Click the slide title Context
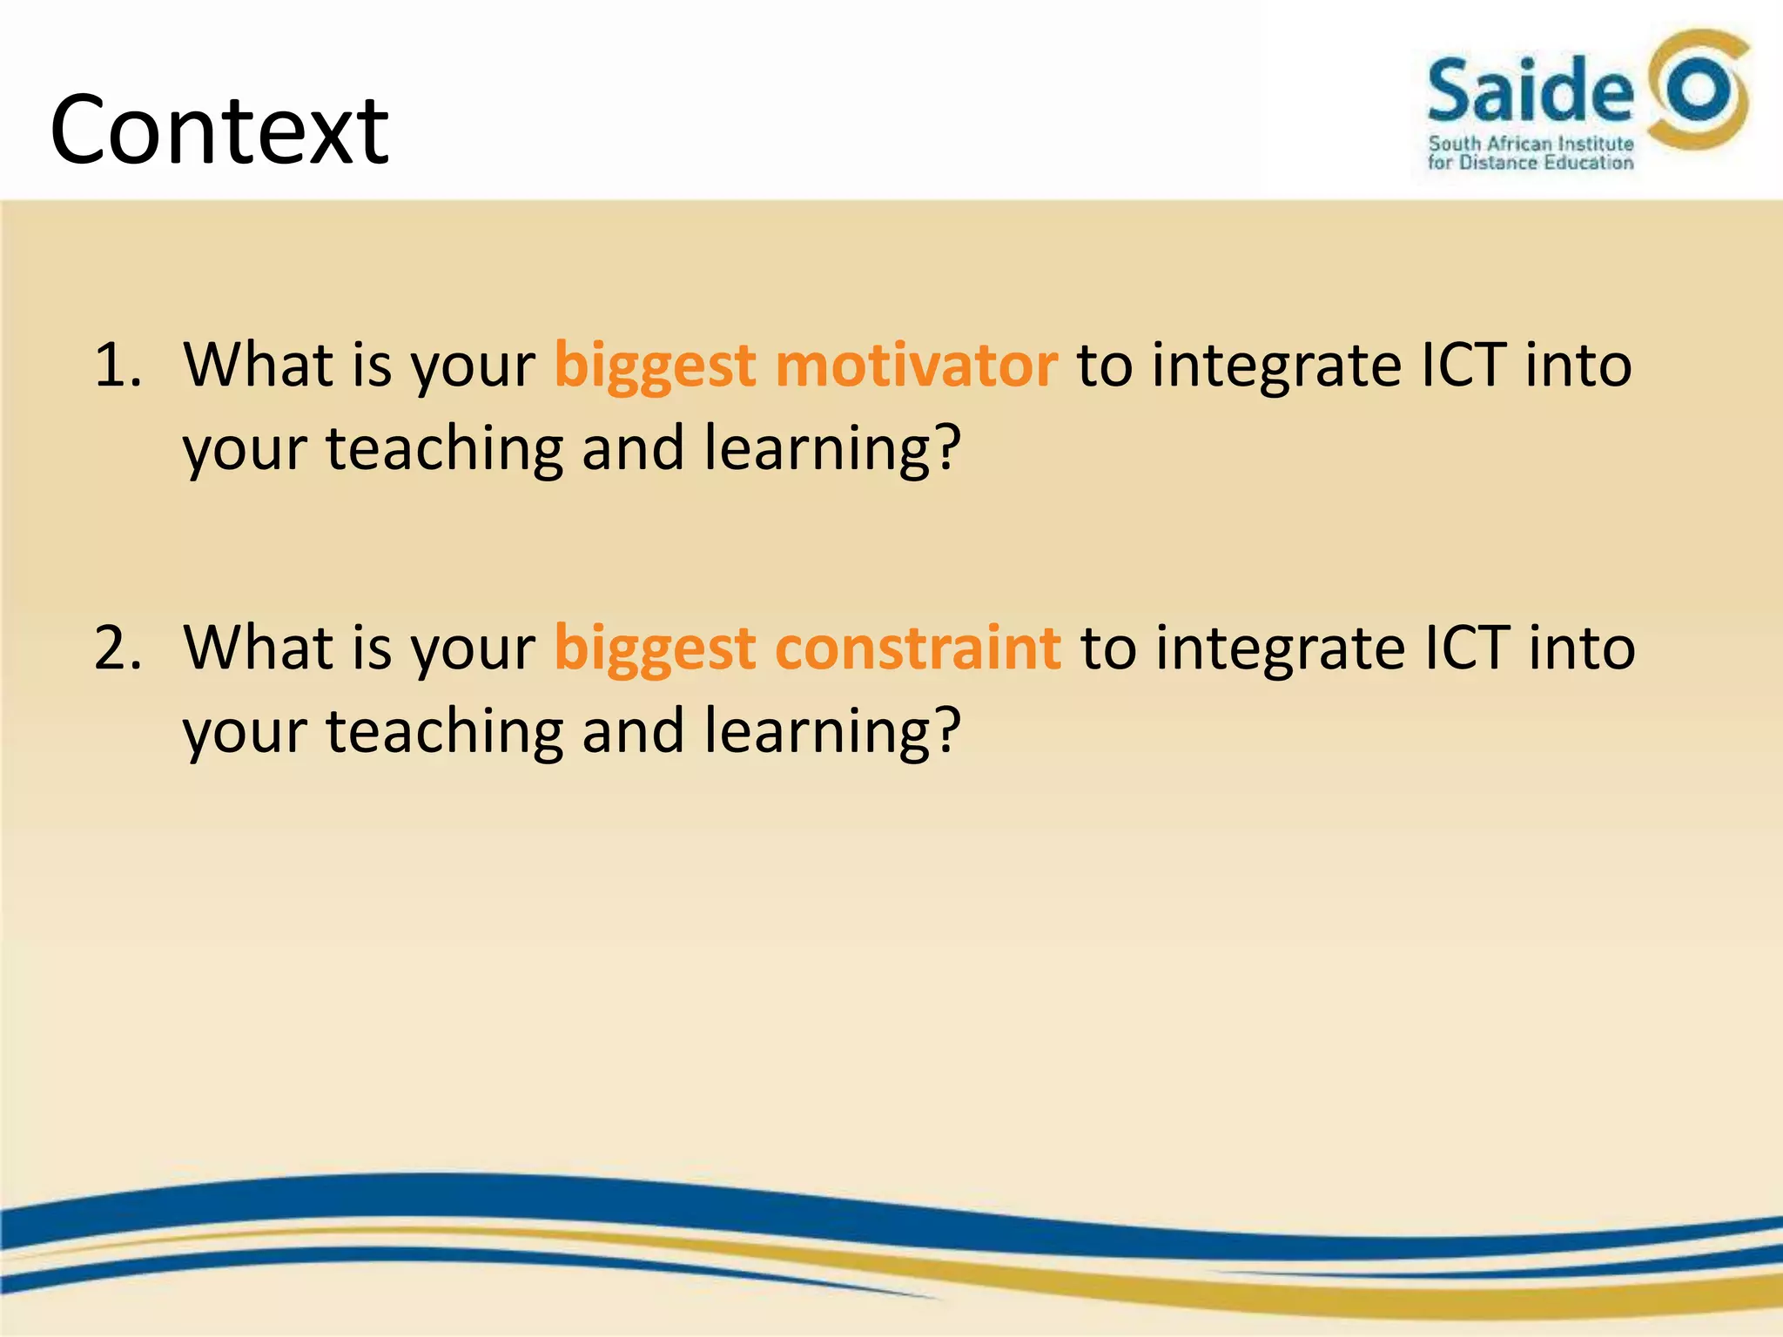pyautogui.click(x=219, y=131)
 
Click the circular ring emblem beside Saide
pyautogui.click(x=1699, y=90)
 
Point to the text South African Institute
pyautogui.click(x=1531, y=144)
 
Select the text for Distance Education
pyautogui.click(x=1531, y=163)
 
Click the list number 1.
pyautogui.click(x=117, y=365)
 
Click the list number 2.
pyautogui.click(x=117, y=648)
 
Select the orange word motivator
pyautogui.click(x=916, y=365)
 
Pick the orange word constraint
pyautogui.click(x=918, y=648)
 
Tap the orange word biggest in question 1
pyautogui.click(x=655, y=366)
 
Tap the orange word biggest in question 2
pyautogui.click(x=655, y=650)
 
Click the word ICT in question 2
pyautogui.click(x=1466, y=648)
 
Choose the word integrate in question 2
pyautogui.click(x=1278, y=650)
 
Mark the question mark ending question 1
pyautogui.click(x=945, y=447)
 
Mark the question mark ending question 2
pyautogui.click(x=945, y=730)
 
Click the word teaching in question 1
pyautogui.click(x=445, y=449)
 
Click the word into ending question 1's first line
pyautogui.click(x=1578, y=365)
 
